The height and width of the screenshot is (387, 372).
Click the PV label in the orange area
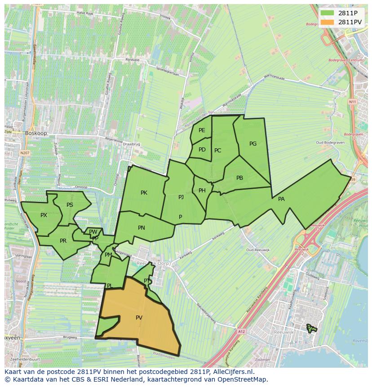(139, 318)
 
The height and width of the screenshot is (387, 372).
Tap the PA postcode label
(281, 199)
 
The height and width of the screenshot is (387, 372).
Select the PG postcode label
(253, 144)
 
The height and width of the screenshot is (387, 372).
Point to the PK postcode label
(144, 193)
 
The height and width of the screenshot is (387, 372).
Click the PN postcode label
(142, 228)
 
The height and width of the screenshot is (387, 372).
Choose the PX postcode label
(44, 215)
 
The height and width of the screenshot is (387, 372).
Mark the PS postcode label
(70, 205)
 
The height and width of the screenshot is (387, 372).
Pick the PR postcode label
(63, 241)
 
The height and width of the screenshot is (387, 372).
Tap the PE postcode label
(202, 130)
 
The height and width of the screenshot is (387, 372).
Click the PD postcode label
(202, 150)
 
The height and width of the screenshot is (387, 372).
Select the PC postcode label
(218, 151)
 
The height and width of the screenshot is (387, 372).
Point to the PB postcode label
(239, 178)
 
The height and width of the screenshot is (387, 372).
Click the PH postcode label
(202, 191)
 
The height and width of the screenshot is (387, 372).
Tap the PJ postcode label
(181, 197)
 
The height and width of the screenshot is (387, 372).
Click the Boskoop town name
(36, 133)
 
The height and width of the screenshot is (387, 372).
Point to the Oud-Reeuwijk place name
(257, 250)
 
